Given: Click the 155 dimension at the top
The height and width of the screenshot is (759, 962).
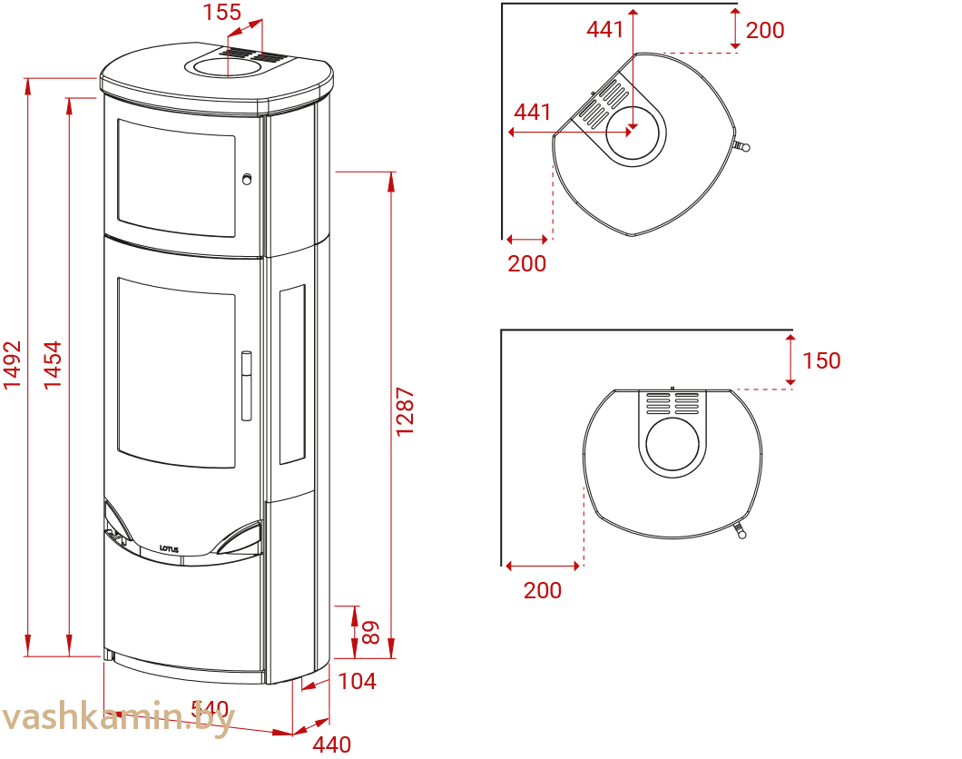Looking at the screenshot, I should click(x=222, y=13).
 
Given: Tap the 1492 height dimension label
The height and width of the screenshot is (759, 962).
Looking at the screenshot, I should click(x=12, y=365).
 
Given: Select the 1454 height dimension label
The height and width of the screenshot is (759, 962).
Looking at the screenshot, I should click(x=54, y=365).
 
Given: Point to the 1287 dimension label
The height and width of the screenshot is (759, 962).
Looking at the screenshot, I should click(x=405, y=412).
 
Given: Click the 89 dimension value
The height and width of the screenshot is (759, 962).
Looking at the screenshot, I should click(x=370, y=632).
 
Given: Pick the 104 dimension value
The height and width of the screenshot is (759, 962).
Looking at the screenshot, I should click(x=357, y=681).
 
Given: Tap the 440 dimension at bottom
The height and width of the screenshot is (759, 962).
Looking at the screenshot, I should click(x=332, y=745).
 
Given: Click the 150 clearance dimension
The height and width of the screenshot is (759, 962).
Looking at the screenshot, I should click(x=820, y=360).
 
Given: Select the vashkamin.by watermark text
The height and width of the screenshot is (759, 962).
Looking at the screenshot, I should click(x=118, y=717).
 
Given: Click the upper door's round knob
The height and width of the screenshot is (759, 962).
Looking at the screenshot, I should click(x=247, y=179).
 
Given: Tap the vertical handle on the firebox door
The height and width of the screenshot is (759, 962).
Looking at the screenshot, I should click(x=246, y=386).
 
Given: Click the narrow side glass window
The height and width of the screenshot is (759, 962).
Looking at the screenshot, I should click(x=291, y=374).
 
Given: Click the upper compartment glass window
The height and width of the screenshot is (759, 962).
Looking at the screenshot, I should click(x=176, y=177).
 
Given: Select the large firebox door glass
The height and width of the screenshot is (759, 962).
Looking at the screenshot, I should click(x=176, y=372).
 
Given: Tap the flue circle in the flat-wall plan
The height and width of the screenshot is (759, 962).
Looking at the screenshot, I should click(x=672, y=441).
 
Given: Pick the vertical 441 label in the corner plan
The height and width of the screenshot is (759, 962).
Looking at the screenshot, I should click(x=605, y=29).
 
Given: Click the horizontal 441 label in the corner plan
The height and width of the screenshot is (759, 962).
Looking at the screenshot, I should click(x=533, y=112).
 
